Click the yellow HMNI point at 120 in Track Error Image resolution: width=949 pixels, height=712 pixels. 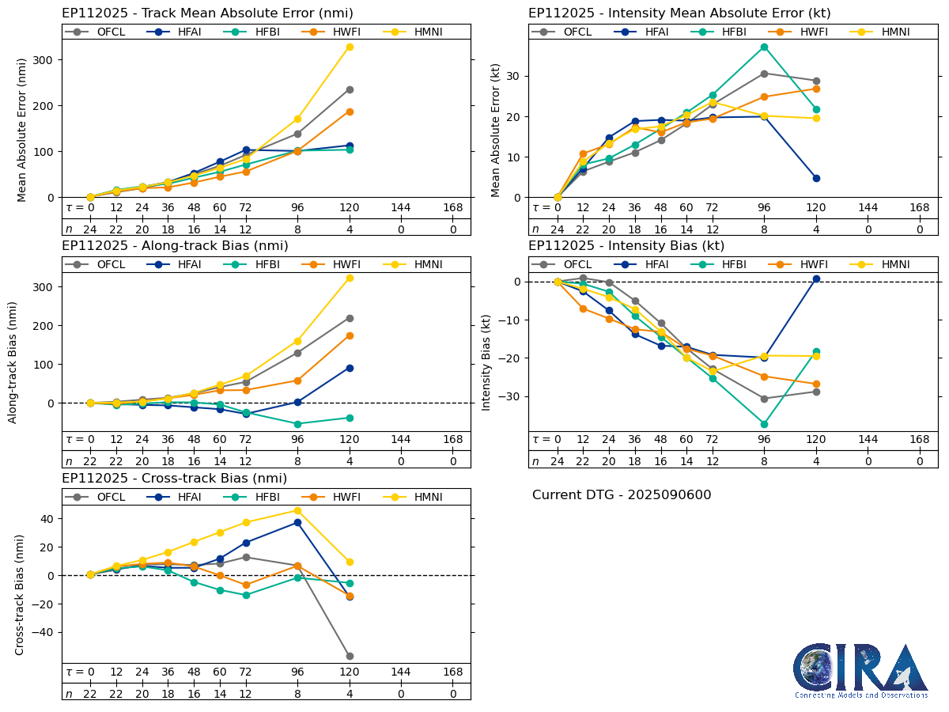pyautogui.click(x=350, y=47)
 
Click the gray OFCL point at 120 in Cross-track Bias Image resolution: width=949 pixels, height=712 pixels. pyautogui.click(x=350, y=656)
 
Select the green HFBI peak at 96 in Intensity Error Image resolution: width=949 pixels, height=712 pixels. pyautogui.click(x=764, y=47)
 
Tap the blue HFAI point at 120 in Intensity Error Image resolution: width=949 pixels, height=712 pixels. pyautogui.click(x=816, y=178)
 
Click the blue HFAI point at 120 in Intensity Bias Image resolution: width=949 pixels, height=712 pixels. pyautogui.click(x=816, y=278)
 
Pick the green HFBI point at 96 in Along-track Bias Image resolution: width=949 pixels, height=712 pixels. pyautogui.click(x=297, y=424)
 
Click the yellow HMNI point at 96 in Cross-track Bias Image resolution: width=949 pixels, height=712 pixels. pyautogui.click(x=297, y=510)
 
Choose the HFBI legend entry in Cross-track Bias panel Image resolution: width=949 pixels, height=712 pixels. pyautogui.click(x=254, y=497)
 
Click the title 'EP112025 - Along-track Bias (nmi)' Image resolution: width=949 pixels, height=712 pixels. pyautogui.click(x=175, y=246)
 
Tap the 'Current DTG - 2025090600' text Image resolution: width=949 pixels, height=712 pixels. pyautogui.click(x=622, y=495)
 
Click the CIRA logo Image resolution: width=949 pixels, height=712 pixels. pyautogui.click(x=860, y=671)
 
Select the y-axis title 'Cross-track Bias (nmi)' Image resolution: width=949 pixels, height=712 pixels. pyautogui.click(x=20, y=594)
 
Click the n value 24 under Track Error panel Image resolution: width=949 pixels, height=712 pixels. pyautogui.click(x=90, y=229)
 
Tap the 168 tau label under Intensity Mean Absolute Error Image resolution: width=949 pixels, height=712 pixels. pyautogui.click(x=919, y=207)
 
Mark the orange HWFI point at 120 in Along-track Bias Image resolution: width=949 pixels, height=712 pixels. pyautogui.click(x=350, y=335)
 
